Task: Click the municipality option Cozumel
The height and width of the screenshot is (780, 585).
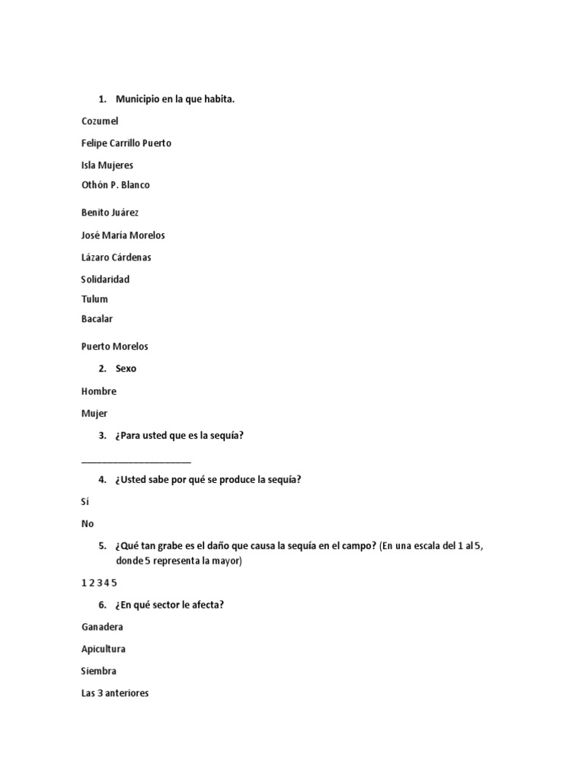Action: (100, 121)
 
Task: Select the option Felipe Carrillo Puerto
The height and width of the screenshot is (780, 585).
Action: (126, 143)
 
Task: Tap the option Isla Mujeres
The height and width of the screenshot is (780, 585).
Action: (107, 165)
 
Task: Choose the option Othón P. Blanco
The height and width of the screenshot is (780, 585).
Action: (116, 185)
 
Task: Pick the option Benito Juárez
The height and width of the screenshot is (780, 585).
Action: (110, 213)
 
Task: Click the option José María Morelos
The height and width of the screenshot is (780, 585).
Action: (123, 235)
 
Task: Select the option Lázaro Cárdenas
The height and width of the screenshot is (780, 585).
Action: (116, 257)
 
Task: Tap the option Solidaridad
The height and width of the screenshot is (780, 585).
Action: (105, 280)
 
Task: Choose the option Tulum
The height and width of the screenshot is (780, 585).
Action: (94, 299)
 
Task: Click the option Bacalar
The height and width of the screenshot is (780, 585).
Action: (97, 319)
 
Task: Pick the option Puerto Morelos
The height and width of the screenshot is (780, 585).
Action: (115, 347)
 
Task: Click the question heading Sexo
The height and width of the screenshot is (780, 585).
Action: (126, 369)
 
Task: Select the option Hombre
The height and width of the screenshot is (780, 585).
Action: (99, 392)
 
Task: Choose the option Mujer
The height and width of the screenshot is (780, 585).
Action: (94, 414)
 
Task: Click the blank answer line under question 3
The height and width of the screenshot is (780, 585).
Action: (136, 460)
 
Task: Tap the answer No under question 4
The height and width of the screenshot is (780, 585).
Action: (88, 524)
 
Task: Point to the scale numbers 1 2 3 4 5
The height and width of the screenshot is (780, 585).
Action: (99, 583)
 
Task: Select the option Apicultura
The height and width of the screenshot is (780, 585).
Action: (104, 650)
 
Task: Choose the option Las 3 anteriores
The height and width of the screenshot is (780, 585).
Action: (115, 694)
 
